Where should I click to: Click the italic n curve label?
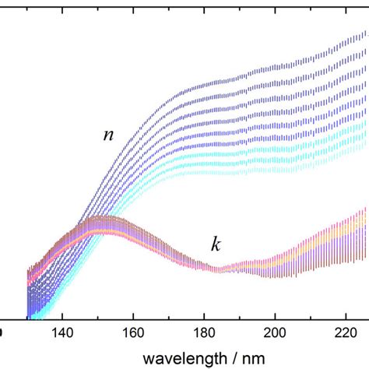click(x=108, y=135)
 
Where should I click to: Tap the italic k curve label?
click(x=216, y=245)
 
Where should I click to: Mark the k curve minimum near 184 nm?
click(x=220, y=269)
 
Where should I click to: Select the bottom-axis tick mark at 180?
click(x=204, y=315)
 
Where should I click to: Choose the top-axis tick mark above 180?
click(x=204, y=3)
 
